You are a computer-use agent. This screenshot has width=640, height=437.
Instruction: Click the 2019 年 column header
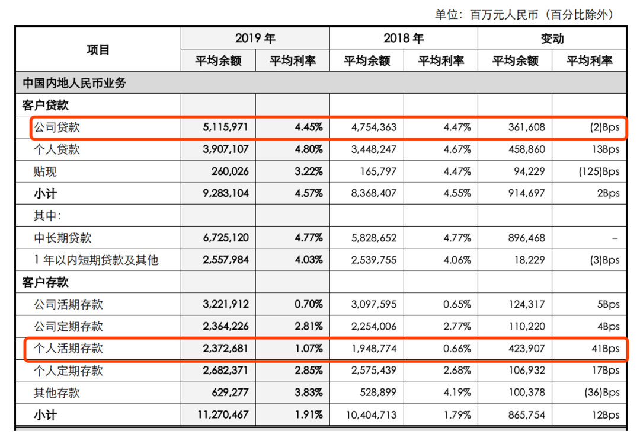[x=255, y=39]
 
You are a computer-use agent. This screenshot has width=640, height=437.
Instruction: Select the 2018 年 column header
[x=404, y=39]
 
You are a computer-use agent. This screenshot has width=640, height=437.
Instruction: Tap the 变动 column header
[x=552, y=39]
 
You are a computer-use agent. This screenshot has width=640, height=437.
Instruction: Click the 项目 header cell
[x=98, y=50]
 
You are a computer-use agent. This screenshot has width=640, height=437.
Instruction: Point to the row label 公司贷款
[x=57, y=127]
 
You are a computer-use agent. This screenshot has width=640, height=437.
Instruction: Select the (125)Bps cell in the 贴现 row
[x=599, y=171]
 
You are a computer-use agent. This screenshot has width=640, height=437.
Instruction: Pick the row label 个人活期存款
[x=68, y=348]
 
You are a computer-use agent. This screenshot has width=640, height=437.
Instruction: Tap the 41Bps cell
[x=604, y=348]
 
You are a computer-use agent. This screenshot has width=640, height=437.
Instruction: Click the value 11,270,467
[x=223, y=414]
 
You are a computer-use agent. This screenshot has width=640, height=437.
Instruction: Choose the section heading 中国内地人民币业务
[x=75, y=83]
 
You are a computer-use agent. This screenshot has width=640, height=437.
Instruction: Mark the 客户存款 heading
[x=46, y=282]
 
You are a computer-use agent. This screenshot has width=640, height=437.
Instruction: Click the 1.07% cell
[x=308, y=348]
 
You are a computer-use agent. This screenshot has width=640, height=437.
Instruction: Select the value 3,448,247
[x=374, y=149]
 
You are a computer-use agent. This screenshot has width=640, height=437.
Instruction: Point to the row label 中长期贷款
[x=63, y=238]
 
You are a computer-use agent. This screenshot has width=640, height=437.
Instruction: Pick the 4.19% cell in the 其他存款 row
[x=456, y=393]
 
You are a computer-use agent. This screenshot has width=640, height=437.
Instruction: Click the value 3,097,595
[x=374, y=304]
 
